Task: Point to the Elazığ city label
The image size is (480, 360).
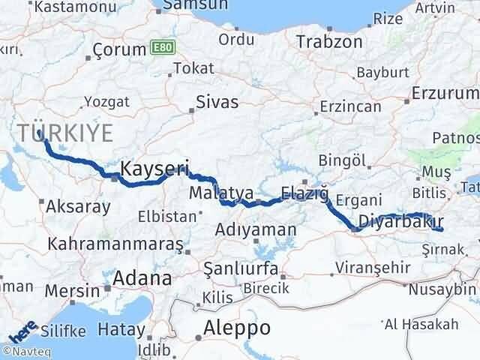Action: coord(304,193)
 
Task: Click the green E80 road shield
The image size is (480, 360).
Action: coord(160,46)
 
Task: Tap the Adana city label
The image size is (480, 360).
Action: coord(142,279)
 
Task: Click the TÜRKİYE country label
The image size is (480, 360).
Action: coord(66,133)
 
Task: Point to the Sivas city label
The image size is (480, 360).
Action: coord(217,102)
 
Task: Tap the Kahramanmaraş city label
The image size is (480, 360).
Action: coord(115,244)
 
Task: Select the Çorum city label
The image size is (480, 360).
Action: coord(118,49)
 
